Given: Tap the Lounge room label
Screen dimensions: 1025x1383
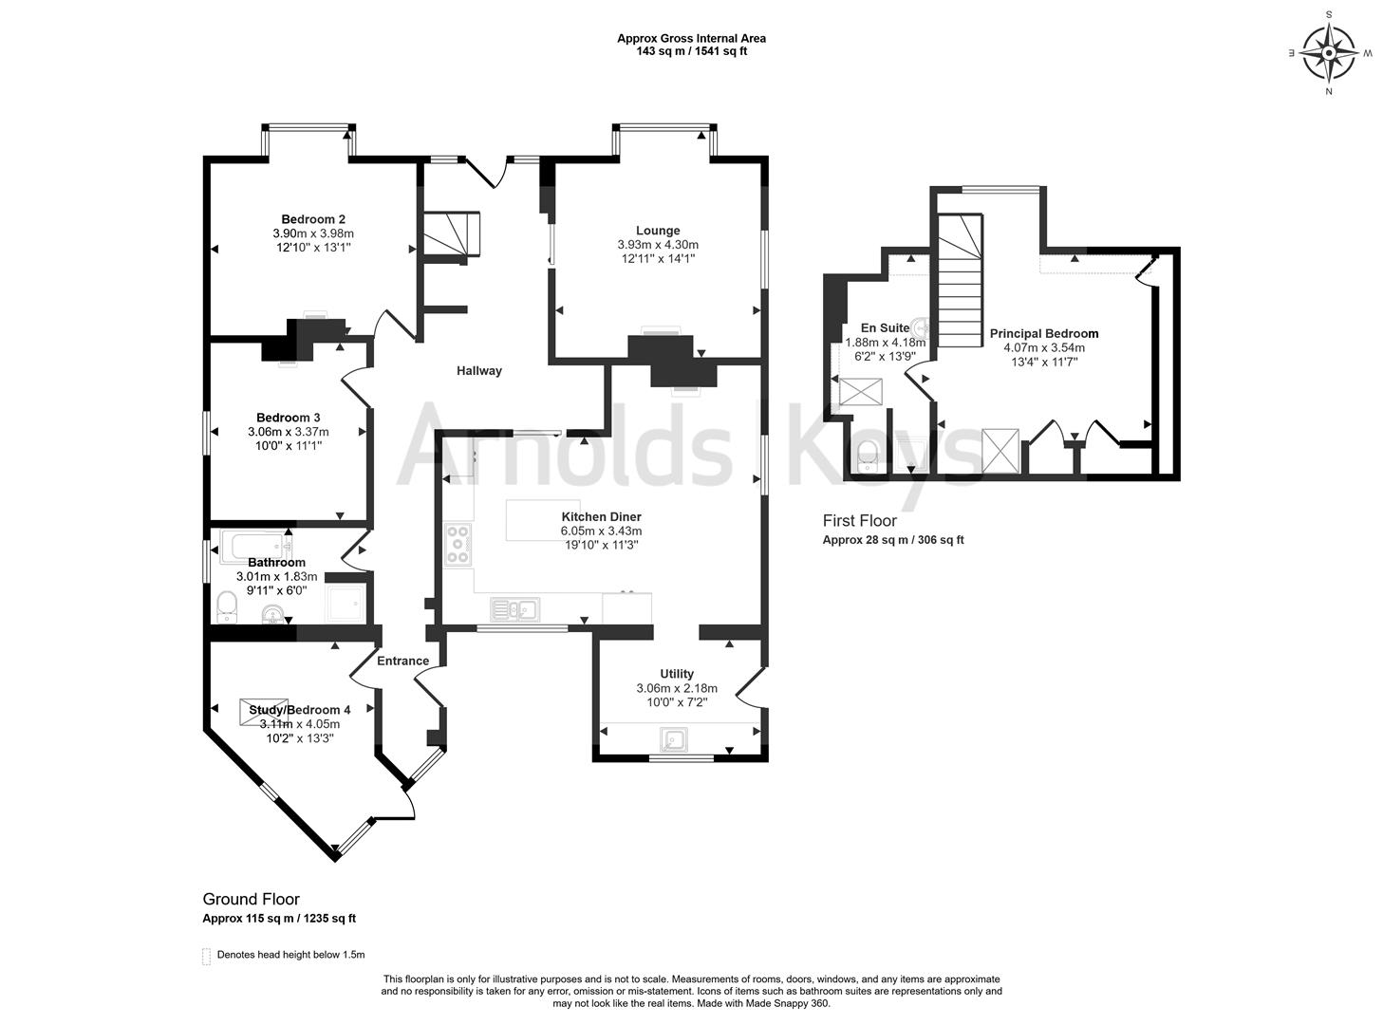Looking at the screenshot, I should [x=658, y=231].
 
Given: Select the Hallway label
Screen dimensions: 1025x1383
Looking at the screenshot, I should [x=478, y=371].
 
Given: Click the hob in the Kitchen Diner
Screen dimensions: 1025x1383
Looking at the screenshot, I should [x=458, y=545].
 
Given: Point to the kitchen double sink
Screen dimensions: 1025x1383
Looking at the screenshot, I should [x=514, y=608].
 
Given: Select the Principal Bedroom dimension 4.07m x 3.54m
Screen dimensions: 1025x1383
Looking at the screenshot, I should [x=1044, y=348].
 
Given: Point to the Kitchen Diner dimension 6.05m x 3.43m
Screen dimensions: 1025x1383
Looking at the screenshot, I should [x=601, y=531].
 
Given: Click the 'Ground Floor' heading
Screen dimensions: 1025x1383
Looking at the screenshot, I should [x=251, y=899].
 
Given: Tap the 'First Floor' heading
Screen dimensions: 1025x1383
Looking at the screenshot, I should [x=859, y=521].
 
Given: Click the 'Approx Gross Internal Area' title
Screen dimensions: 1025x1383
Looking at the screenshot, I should [x=691, y=39].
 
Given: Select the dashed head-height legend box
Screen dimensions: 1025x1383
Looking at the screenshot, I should [x=206, y=956].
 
